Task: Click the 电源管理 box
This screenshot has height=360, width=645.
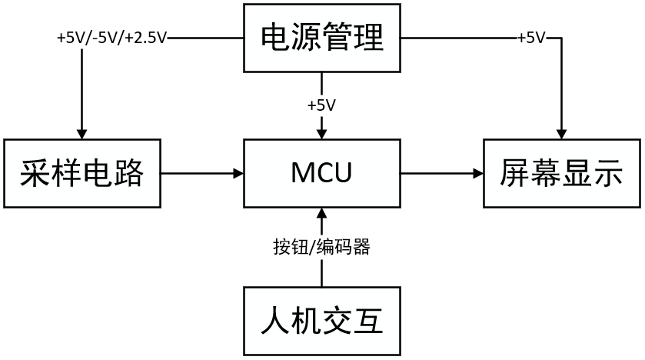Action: tap(322, 37)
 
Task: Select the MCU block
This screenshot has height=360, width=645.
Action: tap(322, 173)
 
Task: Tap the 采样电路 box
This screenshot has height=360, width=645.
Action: tap(81, 173)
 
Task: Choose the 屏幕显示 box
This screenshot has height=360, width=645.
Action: tap(561, 173)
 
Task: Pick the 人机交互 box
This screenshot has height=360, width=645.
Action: tap(322, 321)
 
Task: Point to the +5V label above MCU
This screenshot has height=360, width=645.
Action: tap(321, 105)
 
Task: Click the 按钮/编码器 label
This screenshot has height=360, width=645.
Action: tap(321, 247)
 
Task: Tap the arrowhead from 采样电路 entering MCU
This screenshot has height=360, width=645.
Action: tap(238, 173)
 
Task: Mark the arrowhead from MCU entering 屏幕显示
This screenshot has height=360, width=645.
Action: tap(477, 173)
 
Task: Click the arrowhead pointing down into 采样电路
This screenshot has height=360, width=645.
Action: tap(81, 133)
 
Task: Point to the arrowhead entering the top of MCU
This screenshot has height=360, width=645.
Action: tap(322, 133)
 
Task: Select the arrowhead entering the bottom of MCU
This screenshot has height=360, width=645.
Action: tap(322, 213)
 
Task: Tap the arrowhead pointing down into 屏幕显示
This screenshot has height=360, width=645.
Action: tap(562, 133)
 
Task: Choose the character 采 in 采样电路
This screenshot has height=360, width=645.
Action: tap(35, 174)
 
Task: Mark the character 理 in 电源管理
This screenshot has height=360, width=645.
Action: tap(368, 38)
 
